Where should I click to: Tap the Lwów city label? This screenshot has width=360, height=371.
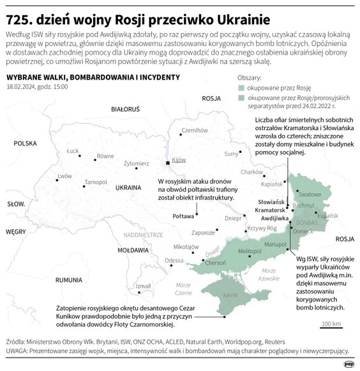pyautogui.click(x=64, y=175)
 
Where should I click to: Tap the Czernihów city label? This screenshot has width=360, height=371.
pyautogui.click(x=192, y=129)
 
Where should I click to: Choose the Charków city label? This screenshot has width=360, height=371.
pyautogui.click(x=252, y=172)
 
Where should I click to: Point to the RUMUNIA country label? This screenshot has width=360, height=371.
pyautogui.click(x=68, y=280)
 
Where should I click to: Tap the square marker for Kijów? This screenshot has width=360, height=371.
pyautogui.click(x=168, y=163)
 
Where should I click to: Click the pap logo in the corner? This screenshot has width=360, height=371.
pyautogui.click(x=348, y=363)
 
